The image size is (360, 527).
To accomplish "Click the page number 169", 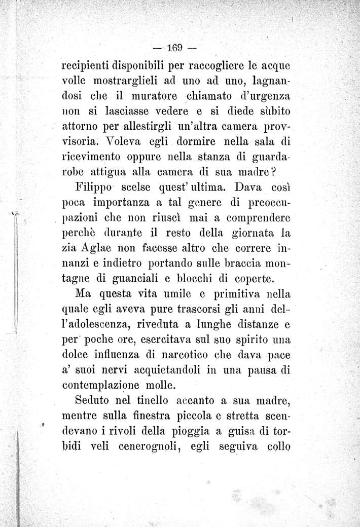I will coord(175,50).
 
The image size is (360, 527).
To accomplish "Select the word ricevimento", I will coord(91,155).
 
